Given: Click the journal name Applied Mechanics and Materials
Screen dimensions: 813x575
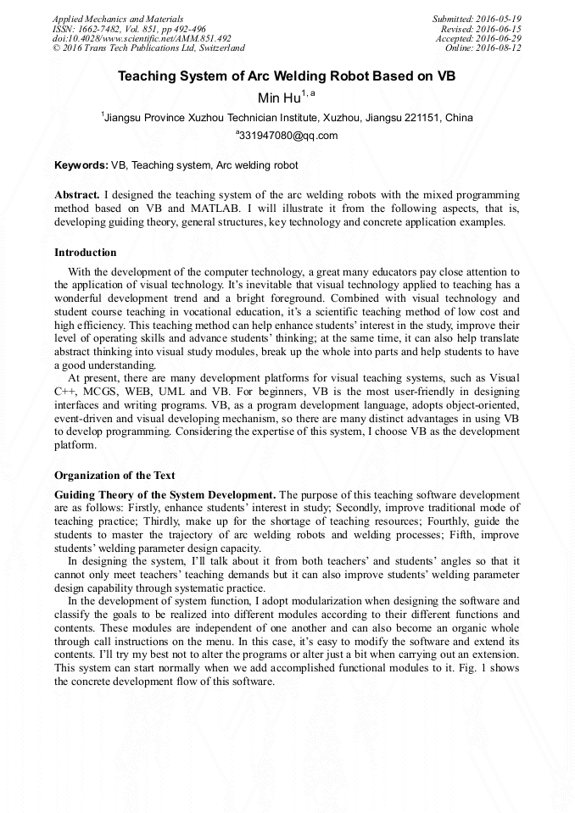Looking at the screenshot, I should click(x=117, y=18).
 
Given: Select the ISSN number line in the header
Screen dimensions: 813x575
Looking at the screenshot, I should click(x=129, y=28).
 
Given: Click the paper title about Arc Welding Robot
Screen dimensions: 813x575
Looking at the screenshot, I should click(x=287, y=75).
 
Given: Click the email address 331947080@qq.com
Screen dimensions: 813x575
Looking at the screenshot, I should click(x=288, y=136).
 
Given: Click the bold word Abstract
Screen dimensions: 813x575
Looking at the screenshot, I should click(x=76, y=194).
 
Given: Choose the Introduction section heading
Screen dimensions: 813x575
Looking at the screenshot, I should click(x=86, y=253).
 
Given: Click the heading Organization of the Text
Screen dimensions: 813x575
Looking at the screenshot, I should click(x=114, y=476).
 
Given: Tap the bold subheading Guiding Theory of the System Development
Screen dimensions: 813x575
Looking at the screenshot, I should click(x=165, y=494).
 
